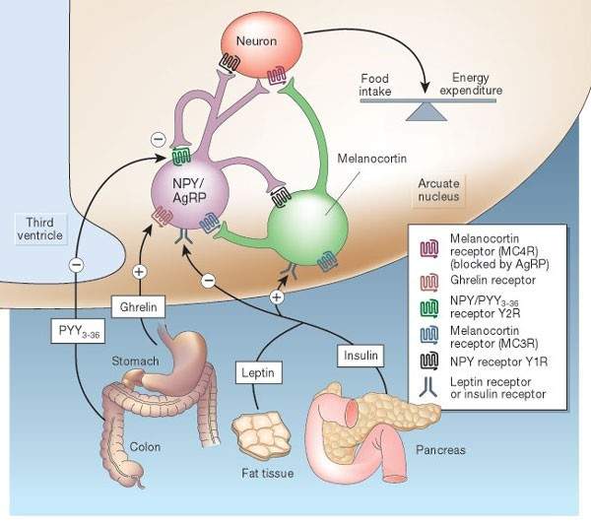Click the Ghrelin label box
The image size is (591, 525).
136,305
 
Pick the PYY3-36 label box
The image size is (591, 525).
76,330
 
